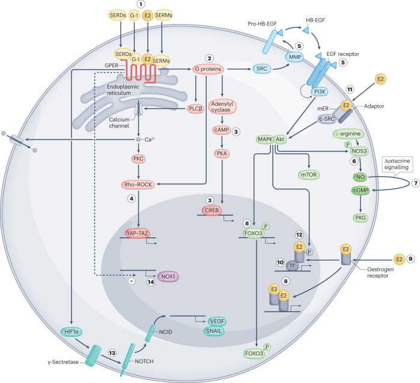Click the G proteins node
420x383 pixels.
[x=215, y=70]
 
